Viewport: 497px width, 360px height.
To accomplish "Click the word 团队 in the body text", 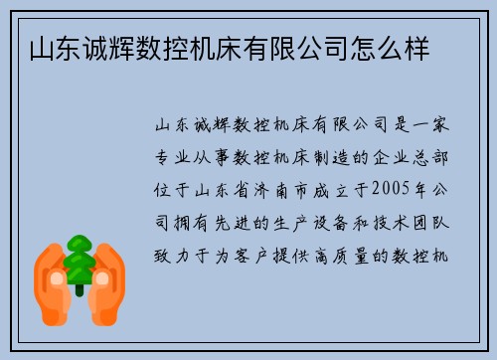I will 439,222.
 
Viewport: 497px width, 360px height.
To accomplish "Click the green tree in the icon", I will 79,262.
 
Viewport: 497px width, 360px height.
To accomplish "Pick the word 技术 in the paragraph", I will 392,222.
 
